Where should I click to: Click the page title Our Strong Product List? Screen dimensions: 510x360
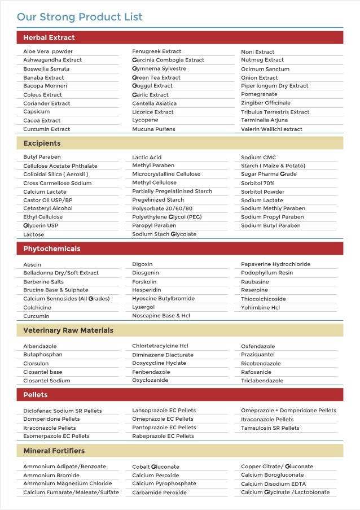pos(80,17)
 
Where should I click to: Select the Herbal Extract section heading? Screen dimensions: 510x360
pos(49,38)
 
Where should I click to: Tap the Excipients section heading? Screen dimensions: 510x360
pos(42,143)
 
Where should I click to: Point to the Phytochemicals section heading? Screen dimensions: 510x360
pos(52,249)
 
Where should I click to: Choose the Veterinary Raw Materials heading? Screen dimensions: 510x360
pos(68,330)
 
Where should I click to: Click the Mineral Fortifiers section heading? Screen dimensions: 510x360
pos(54,451)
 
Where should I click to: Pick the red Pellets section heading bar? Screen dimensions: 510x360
pos(179,395)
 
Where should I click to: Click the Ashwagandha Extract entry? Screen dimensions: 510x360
pos(52,60)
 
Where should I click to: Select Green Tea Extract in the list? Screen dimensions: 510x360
pos(156,77)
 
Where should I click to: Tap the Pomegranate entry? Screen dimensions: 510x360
pos(259,94)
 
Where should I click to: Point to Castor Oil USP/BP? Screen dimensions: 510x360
pos(48,200)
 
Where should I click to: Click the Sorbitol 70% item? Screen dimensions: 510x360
pos(258,183)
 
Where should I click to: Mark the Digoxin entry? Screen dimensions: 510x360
pos(142,264)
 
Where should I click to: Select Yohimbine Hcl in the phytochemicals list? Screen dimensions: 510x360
pos(260,308)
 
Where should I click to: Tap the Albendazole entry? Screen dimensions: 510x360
pos(40,346)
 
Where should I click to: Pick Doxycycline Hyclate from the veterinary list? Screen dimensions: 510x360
pos(159,363)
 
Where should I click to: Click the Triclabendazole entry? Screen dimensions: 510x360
pos(262,381)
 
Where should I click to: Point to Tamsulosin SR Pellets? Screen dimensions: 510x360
pos(270,428)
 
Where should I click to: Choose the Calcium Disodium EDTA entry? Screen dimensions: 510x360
pos(273,484)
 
